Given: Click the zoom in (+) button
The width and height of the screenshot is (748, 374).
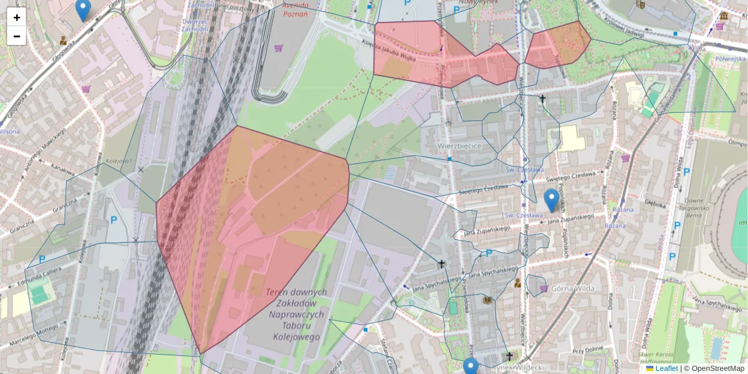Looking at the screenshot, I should [17, 17].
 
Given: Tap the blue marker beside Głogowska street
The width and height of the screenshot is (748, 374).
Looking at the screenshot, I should [82, 9].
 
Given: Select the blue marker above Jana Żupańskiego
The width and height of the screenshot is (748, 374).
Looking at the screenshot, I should [551, 200].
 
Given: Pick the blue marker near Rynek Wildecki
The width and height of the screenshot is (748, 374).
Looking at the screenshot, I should [471, 367].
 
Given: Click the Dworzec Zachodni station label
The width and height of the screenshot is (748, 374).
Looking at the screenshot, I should [194, 24].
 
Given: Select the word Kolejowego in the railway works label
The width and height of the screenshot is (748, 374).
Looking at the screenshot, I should [297, 337].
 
